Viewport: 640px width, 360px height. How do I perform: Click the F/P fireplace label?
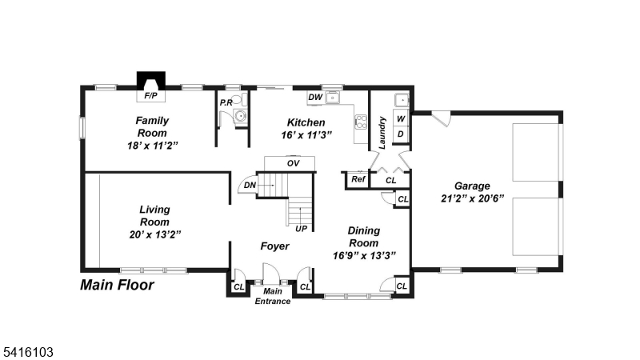tap(149, 95)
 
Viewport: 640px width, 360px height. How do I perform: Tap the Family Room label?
tap(151, 126)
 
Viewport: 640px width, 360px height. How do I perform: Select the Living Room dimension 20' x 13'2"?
tap(154, 234)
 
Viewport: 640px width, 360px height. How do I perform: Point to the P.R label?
tap(226, 102)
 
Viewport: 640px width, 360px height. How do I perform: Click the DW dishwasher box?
tap(315, 98)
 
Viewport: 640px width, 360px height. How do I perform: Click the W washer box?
tap(402, 118)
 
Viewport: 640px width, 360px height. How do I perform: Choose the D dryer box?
tap(402, 134)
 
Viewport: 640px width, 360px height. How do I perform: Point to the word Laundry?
tap(383, 133)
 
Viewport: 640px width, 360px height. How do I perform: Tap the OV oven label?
tap(293, 163)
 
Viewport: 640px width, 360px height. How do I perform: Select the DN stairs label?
tap(250, 186)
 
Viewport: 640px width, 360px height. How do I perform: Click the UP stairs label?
tap(302, 228)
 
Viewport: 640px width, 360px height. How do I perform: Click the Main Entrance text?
tap(272, 297)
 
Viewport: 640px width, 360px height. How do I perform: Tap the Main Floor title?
tap(117, 284)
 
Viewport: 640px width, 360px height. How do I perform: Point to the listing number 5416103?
tap(28, 350)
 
